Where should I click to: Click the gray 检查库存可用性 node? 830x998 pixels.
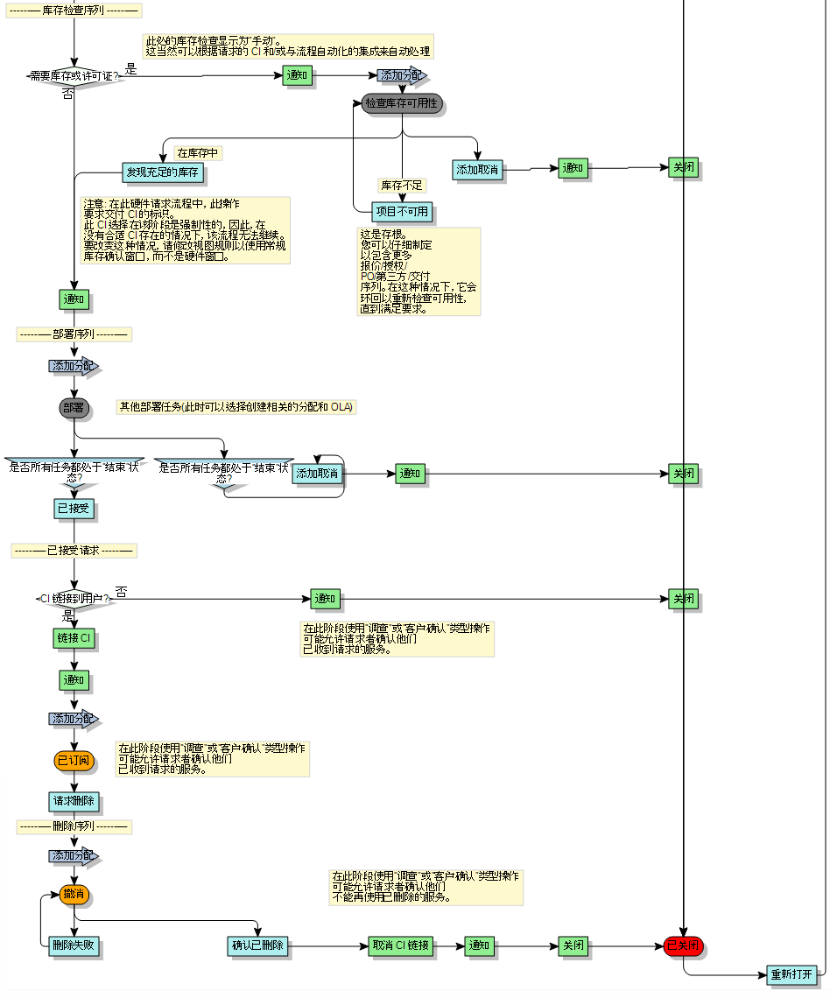coord(402,103)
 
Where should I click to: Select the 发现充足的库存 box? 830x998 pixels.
coord(163,172)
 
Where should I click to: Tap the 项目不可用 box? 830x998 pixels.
coord(402,212)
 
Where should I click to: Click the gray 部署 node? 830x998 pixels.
coord(74,407)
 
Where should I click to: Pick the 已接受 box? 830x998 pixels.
coord(74,509)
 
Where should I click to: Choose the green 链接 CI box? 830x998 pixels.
coord(74,638)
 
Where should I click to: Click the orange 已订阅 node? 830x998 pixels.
coord(74,760)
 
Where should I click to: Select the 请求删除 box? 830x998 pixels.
coord(74,801)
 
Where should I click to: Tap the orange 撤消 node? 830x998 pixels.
coord(74,895)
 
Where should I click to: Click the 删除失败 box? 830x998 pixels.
coord(74,945)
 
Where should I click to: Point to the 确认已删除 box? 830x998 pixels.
coord(257,945)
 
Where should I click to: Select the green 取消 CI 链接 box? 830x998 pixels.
coord(401,945)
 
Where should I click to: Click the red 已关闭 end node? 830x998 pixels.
coord(683,945)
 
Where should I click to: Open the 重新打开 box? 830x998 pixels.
coord(791,974)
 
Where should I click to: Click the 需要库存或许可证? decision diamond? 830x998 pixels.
coord(74,76)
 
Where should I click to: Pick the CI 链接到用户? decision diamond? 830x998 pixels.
coord(74,599)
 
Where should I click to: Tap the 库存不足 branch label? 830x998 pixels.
coord(402,186)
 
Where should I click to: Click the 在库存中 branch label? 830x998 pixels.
coord(198,153)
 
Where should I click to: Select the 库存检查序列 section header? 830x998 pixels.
coord(74,11)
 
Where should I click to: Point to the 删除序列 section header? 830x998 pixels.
coord(74,826)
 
